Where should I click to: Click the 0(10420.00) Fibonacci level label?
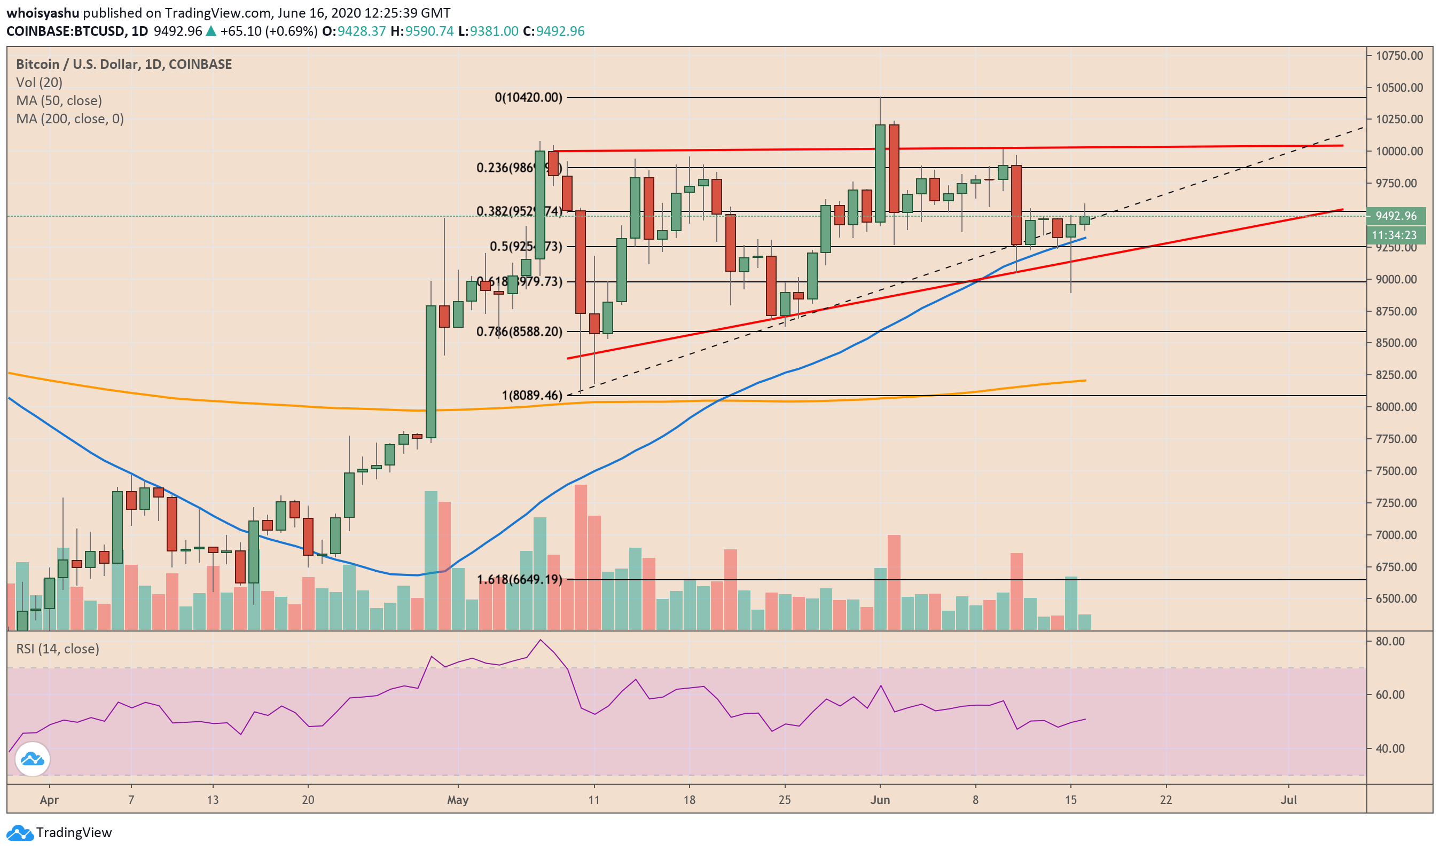pos(528,98)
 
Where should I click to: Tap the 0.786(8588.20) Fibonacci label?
pos(519,332)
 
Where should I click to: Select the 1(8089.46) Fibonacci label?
pos(532,396)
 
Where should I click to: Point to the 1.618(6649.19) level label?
pos(519,580)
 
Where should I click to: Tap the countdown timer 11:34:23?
pos(1396,235)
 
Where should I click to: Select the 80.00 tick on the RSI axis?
pos(1389,642)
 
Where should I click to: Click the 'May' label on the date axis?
pos(458,800)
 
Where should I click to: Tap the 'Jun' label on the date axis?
pos(880,800)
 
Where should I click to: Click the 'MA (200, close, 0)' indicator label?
pos(69,119)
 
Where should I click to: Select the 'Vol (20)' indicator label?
pos(39,83)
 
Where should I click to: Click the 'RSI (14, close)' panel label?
pos(58,649)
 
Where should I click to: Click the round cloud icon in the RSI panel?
pos(33,760)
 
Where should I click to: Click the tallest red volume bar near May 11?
pos(581,557)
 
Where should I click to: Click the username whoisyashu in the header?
pos(43,13)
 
